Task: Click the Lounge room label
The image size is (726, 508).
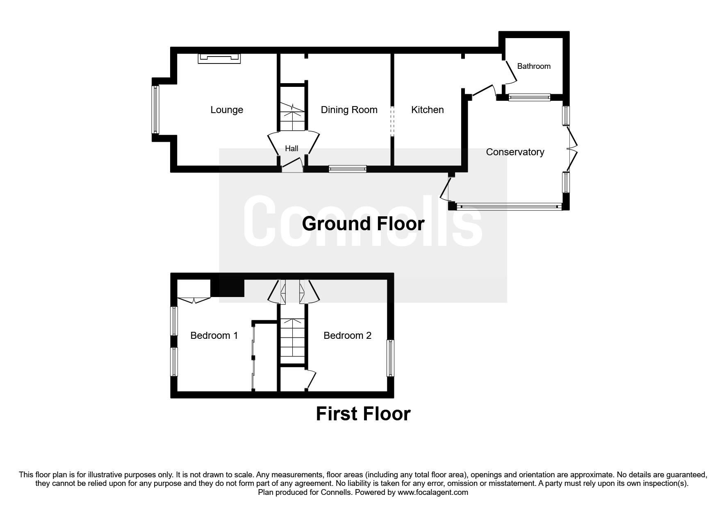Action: [227, 110]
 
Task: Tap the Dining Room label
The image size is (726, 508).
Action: [349, 110]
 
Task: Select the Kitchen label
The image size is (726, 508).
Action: [427, 110]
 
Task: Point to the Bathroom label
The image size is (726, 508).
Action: [533, 66]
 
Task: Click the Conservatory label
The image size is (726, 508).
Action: [515, 152]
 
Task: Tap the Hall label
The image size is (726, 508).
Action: [291, 149]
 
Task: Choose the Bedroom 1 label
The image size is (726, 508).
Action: [214, 336]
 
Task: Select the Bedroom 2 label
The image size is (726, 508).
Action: [347, 336]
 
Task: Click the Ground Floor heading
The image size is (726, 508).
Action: [363, 224]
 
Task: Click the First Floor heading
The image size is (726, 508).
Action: [363, 414]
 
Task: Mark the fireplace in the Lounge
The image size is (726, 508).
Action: [219, 59]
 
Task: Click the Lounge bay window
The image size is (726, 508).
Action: [155, 109]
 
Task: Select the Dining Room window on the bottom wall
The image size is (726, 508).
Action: [347, 168]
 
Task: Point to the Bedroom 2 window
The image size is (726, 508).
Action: [390, 358]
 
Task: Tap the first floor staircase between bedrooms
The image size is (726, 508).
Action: [293, 341]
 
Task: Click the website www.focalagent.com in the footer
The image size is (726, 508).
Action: [432, 492]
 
